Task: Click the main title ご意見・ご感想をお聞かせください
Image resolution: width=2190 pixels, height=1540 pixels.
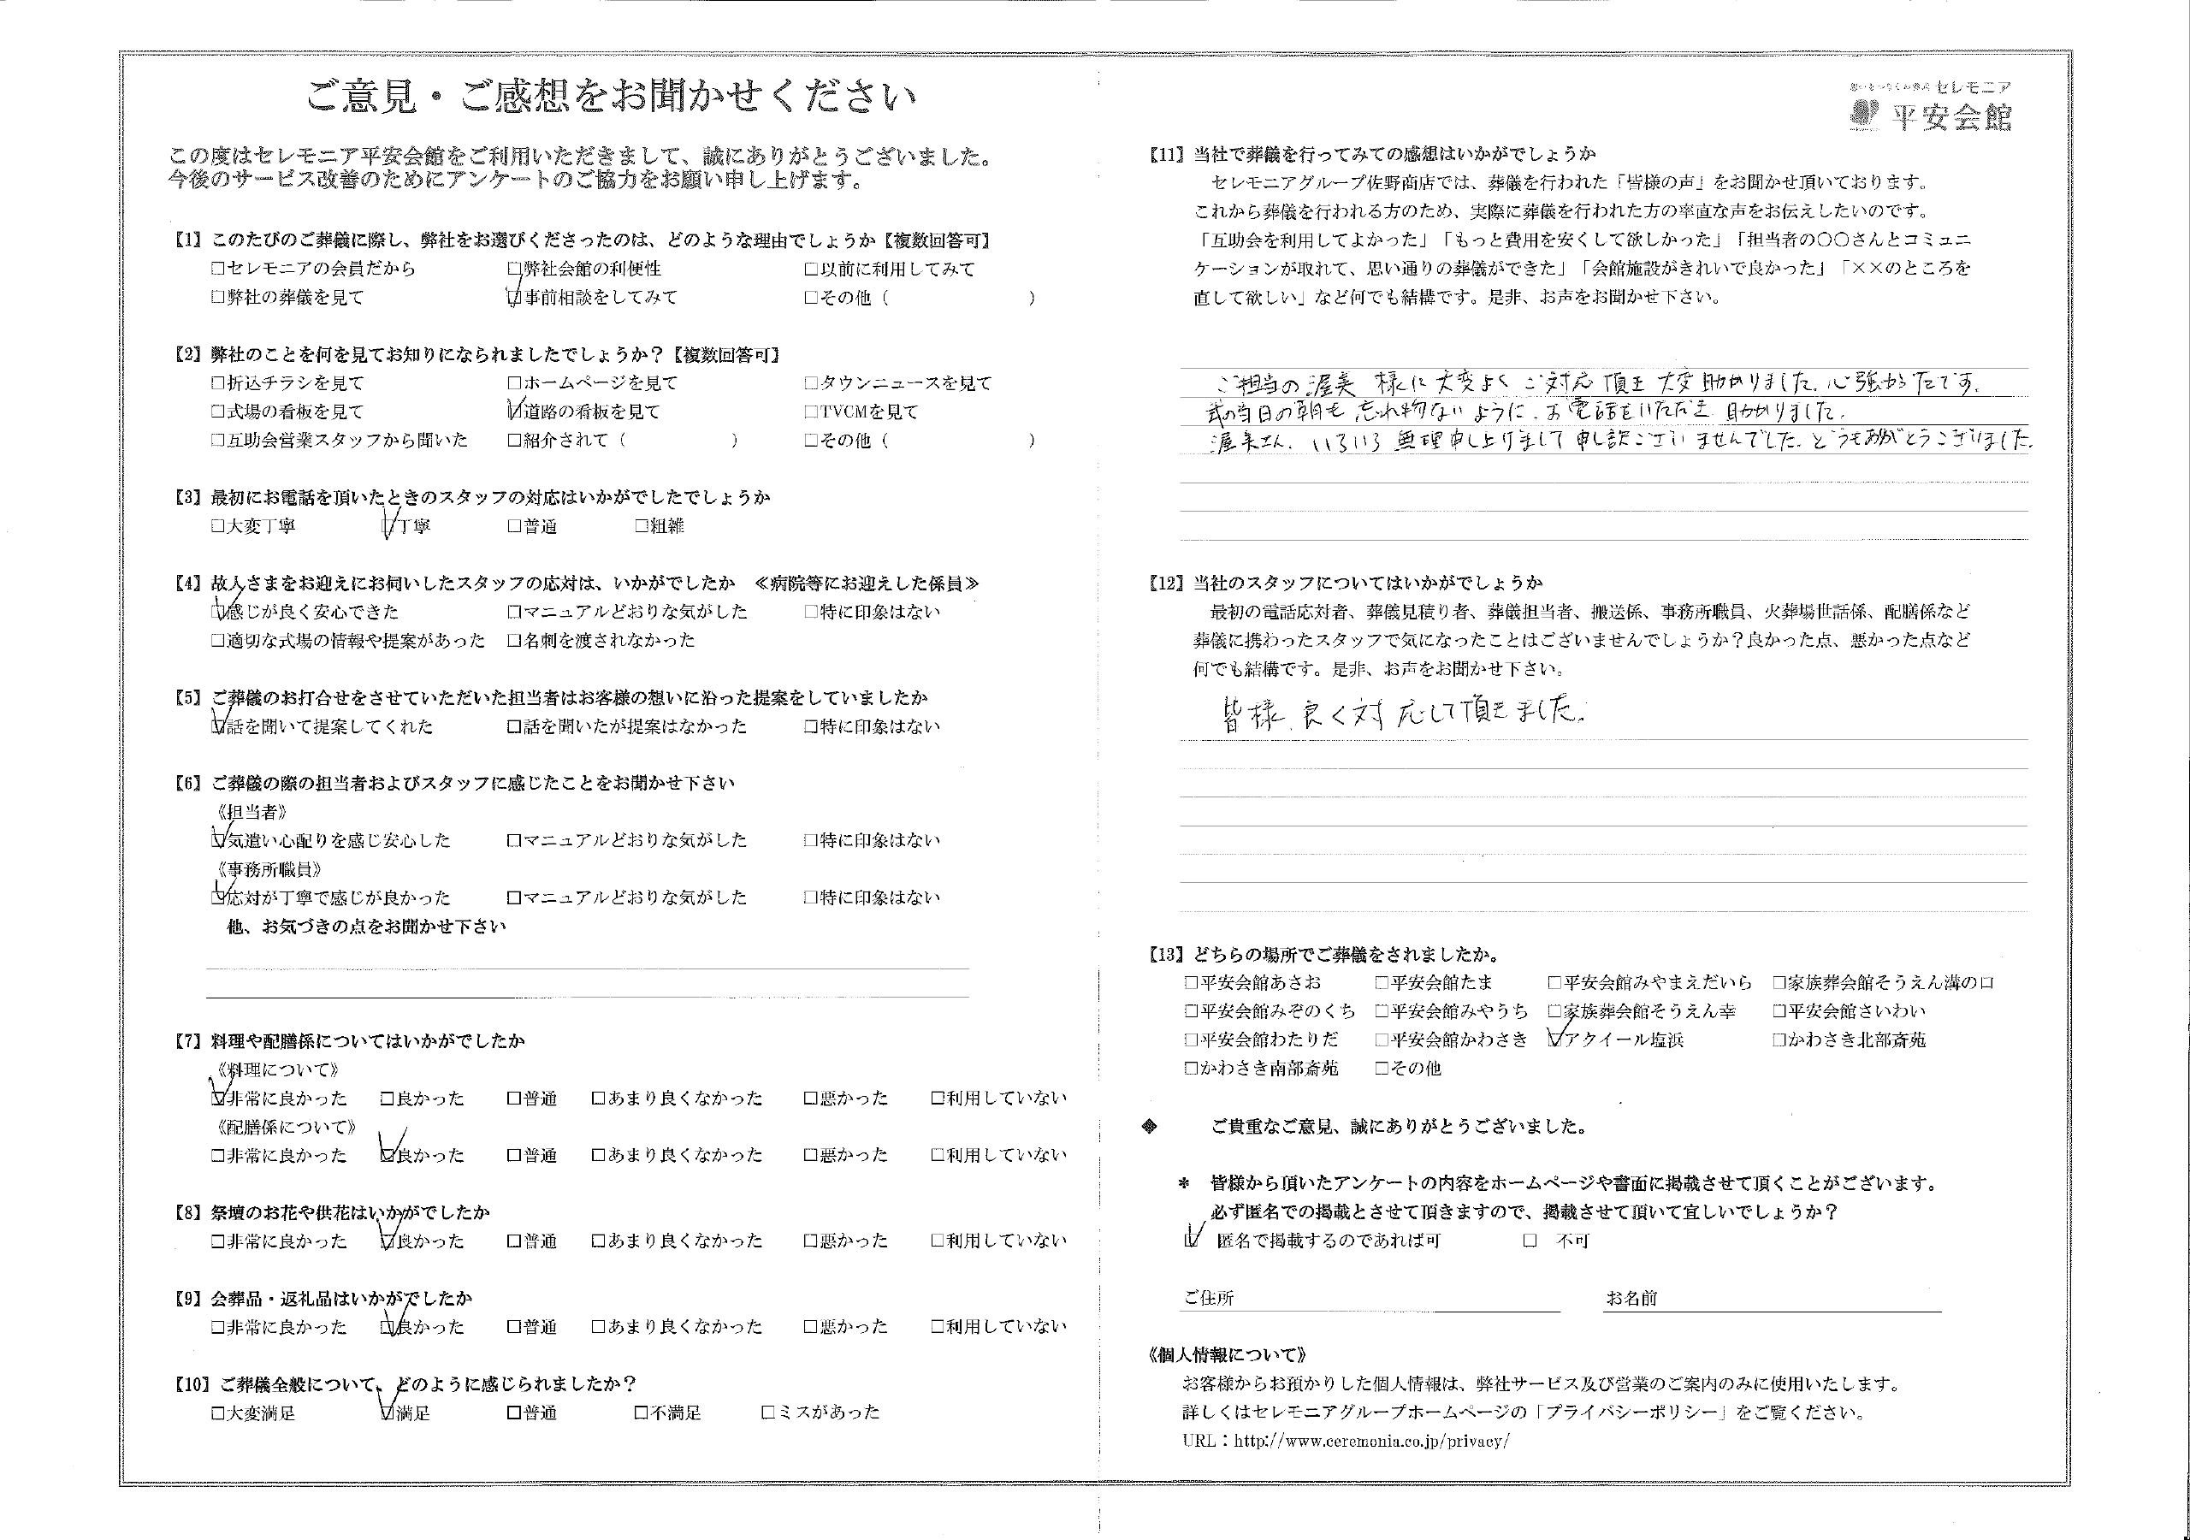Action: pyautogui.click(x=611, y=98)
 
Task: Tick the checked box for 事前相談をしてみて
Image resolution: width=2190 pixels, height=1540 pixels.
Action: pyautogui.click(x=515, y=298)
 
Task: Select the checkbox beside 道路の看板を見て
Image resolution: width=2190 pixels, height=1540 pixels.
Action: pyautogui.click(x=515, y=412)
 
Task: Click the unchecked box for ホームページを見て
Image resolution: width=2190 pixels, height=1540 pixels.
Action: pyautogui.click(x=515, y=383)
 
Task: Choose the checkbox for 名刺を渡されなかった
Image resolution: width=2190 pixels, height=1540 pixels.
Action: pyautogui.click(x=515, y=641)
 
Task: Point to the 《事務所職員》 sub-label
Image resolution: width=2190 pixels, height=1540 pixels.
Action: pyautogui.click(x=270, y=870)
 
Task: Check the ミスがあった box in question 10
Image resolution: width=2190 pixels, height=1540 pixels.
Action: pyautogui.click(x=768, y=1413)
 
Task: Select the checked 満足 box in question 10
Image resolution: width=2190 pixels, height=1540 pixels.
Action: pyautogui.click(x=388, y=1413)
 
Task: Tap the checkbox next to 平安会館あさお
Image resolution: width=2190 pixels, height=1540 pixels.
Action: pyautogui.click(x=1190, y=983)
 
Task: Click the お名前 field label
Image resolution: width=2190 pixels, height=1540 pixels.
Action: pyautogui.click(x=1631, y=1299)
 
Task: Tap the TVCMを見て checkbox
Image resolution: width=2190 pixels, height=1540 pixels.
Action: pyautogui.click(x=811, y=412)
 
